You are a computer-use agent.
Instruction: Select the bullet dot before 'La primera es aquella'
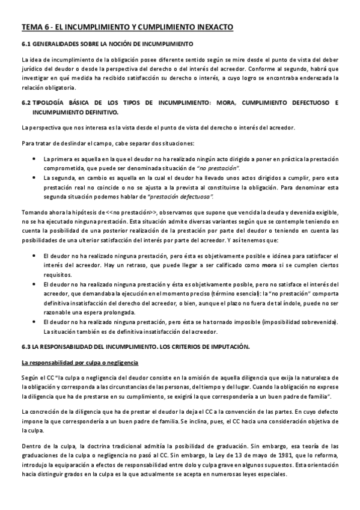coord(33,158)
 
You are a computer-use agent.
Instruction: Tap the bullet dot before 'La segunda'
coord(33,178)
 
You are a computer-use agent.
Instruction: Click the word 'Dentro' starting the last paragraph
coord(31,446)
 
